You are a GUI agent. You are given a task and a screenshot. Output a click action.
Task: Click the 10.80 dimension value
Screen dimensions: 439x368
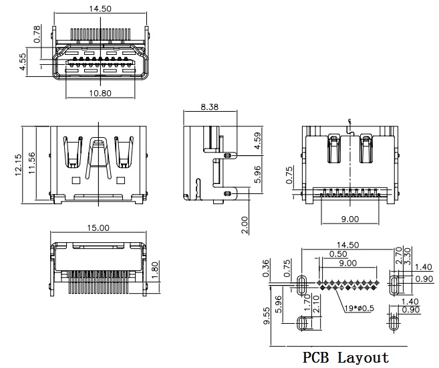[x=100, y=93]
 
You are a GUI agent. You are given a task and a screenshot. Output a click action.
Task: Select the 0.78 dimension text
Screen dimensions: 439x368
[x=37, y=33]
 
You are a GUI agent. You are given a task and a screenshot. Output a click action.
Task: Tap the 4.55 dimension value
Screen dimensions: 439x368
[x=23, y=62]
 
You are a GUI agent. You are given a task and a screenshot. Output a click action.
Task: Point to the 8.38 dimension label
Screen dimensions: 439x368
[x=209, y=107]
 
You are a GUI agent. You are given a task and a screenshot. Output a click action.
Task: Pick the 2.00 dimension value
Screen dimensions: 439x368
[x=245, y=225]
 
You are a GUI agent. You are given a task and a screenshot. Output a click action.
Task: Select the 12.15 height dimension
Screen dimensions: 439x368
[x=18, y=165]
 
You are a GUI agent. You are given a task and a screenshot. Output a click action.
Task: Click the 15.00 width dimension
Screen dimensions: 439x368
[x=98, y=227]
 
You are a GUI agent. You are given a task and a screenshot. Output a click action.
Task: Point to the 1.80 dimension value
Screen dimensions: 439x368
[x=156, y=270]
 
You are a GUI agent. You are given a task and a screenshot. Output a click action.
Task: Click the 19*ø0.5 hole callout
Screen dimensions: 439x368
[x=359, y=308]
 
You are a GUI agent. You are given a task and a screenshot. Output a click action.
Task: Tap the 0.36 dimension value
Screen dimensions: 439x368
[x=266, y=268]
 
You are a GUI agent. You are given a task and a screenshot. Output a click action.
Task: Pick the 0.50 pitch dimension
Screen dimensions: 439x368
[x=338, y=254]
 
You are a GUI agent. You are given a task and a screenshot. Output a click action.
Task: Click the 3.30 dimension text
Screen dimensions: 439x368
[x=408, y=256]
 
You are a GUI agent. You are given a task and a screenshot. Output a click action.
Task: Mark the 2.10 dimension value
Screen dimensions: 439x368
[x=315, y=304]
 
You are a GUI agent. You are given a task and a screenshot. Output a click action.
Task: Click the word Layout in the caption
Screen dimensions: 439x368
[x=363, y=358]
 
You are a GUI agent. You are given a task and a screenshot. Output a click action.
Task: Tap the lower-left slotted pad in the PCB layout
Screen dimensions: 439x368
[x=302, y=323]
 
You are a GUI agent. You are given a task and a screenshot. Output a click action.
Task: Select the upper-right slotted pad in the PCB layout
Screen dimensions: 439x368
[x=394, y=285]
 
